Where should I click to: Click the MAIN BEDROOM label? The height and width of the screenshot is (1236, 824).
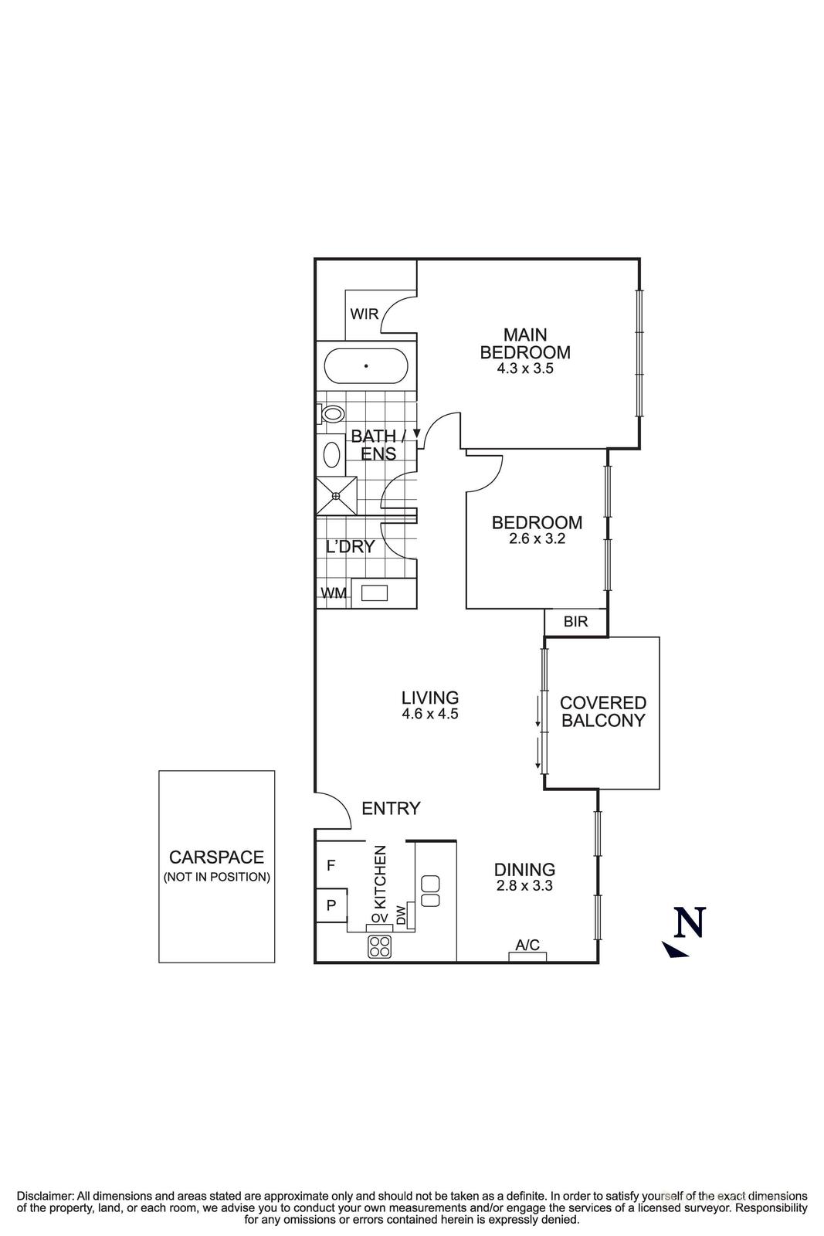(525, 344)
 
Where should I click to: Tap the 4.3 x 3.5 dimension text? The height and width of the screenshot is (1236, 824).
(525, 369)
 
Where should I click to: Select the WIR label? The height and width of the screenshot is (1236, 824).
(364, 314)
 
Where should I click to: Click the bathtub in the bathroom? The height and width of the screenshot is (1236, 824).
(365, 366)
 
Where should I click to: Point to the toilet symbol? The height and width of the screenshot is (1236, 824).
(331, 414)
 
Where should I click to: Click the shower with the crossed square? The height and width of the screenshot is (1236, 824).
(337, 495)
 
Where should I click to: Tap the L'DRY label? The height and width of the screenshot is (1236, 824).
(350, 547)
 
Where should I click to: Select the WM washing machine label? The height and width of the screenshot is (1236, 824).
(333, 593)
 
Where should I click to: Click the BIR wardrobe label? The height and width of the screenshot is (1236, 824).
(575, 621)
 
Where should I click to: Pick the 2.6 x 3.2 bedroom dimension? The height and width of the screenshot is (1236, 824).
(537, 539)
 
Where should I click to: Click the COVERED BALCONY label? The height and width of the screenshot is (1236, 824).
(602, 711)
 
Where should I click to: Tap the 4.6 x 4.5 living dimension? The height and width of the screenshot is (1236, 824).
(430, 715)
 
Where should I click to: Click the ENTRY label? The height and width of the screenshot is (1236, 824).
(391, 809)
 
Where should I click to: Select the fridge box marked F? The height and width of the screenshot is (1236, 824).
(331, 866)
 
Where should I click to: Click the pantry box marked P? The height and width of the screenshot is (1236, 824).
(331, 905)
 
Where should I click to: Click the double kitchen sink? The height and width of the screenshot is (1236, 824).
(431, 891)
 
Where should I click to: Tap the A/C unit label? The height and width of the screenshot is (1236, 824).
(527, 945)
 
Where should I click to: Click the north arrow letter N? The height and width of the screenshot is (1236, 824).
(690, 922)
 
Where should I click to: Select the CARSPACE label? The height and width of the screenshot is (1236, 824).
(216, 857)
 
